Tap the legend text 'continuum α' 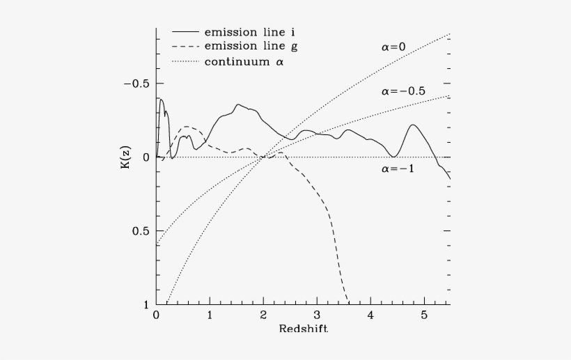click(x=243, y=61)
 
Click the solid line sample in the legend click(x=185, y=32)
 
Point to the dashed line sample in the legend click(x=185, y=47)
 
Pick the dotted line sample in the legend click(x=185, y=61)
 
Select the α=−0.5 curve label click(x=403, y=92)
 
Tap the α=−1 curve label click(x=397, y=169)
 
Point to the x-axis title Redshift click(x=303, y=329)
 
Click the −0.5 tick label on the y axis click(x=136, y=84)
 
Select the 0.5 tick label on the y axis click(x=141, y=231)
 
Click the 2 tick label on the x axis click(x=263, y=315)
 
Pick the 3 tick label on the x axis click(x=317, y=315)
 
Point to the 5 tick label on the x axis click(x=424, y=315)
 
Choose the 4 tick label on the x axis click(x=370, y=315)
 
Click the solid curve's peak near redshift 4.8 click(x=413, y=125)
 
